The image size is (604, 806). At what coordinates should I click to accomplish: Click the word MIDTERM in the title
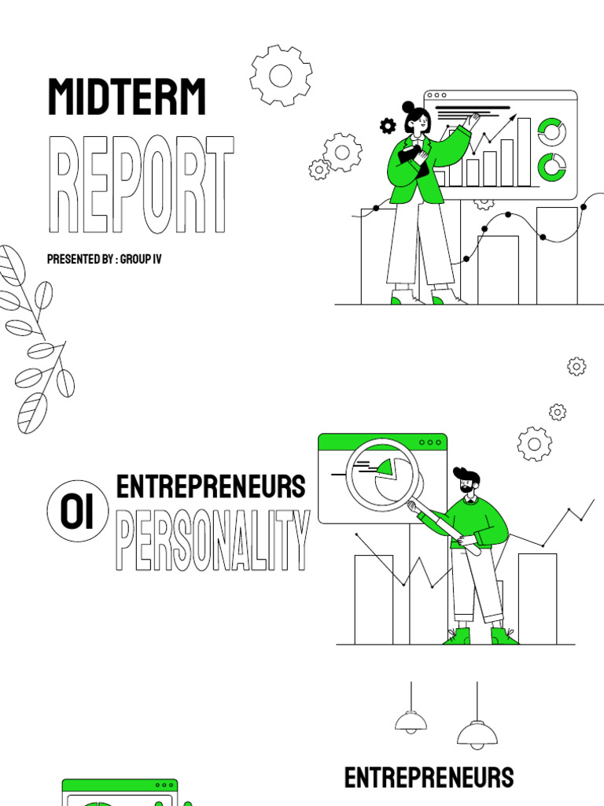click(127, 98)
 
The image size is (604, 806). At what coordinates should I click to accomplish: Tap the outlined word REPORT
click(142, 185)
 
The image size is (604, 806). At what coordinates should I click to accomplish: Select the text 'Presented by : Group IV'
click(104, 259)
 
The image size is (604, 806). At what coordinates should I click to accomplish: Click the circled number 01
click(76, 513)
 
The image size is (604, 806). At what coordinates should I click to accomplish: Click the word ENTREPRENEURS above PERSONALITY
click(211, 487)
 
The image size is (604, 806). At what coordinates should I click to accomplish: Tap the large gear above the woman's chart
click(281, 76)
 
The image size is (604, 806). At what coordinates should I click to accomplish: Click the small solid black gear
click(388, 125)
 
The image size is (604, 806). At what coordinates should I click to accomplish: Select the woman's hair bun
click(408, 107)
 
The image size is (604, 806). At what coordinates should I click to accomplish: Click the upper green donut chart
click(552, 131)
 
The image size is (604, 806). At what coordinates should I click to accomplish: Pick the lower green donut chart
click(552, 166)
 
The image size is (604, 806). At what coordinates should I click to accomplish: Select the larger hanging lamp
click(477, 734)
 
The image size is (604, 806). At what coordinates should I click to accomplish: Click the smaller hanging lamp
click(411, 720)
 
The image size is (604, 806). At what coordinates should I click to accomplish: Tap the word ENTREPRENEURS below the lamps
click(429, 778)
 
